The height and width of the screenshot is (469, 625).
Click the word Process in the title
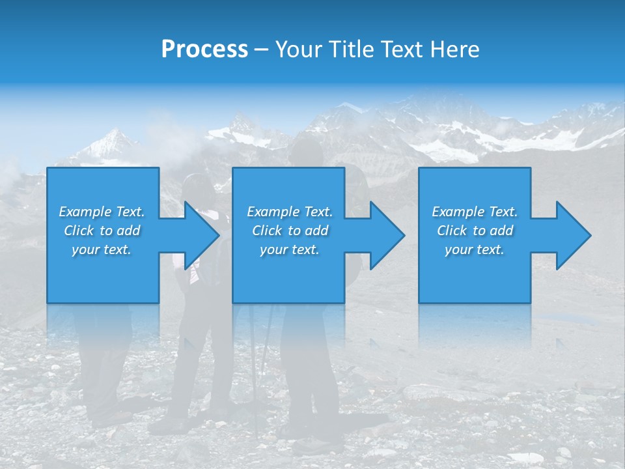click(x=204, y=50)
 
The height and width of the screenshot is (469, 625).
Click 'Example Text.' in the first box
click(x=102, y=212)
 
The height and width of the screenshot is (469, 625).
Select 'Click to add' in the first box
click(x=102, y=231)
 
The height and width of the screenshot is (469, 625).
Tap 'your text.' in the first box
click(x=102, y=249)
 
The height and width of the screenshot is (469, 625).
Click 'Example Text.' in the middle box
click(x=290, y=212)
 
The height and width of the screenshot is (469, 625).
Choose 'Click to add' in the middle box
click(x=290, y=231)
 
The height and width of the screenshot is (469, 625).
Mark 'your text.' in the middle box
click(x=290, y=249)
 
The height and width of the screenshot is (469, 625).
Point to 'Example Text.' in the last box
click(x=475, y=212)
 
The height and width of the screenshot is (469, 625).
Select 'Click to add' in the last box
click(x=475, y=231)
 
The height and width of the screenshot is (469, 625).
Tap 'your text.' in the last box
click(x=475, y=249)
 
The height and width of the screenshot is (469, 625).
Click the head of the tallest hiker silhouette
click(x=307, y=152)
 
